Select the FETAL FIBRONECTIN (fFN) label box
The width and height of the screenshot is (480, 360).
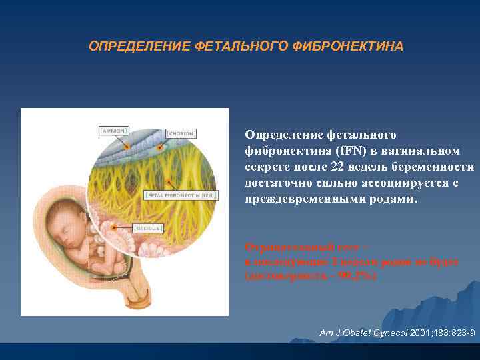coord(182,196)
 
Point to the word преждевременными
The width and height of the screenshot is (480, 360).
coord(305,199)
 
